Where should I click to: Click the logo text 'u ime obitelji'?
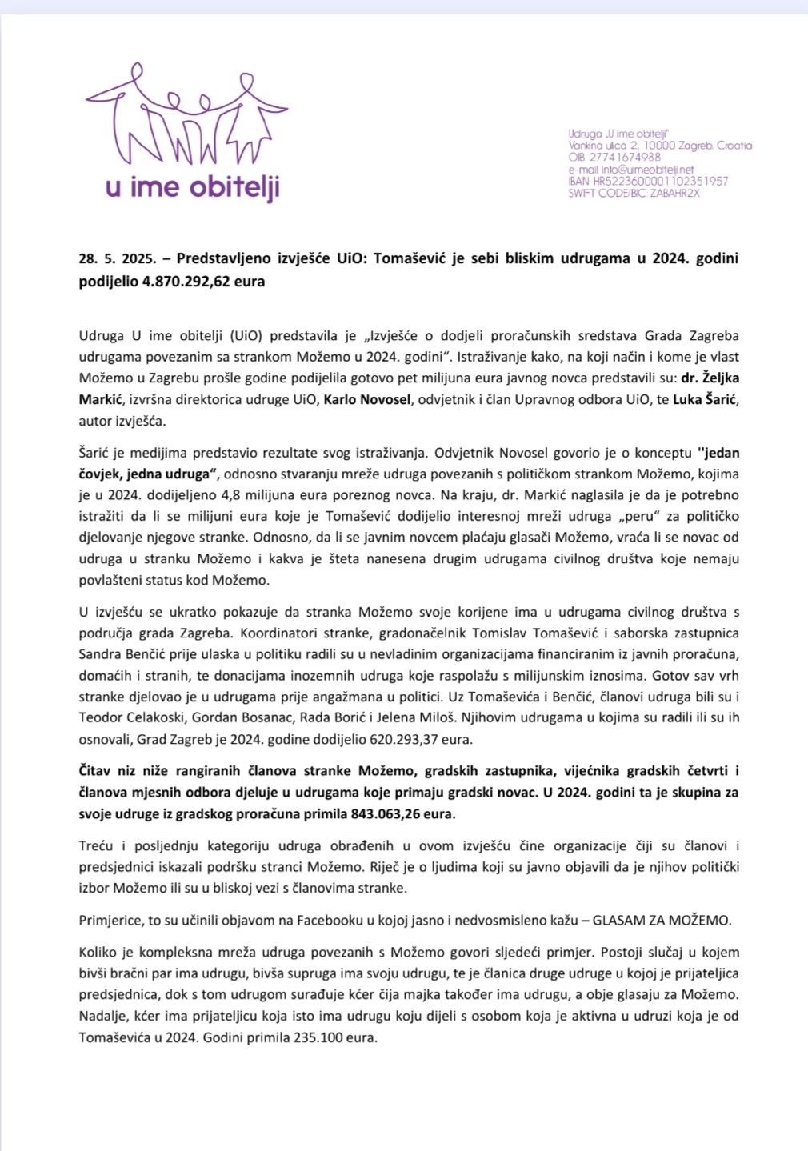(x=193, y=188)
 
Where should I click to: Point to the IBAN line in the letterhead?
(x=648, y=181)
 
